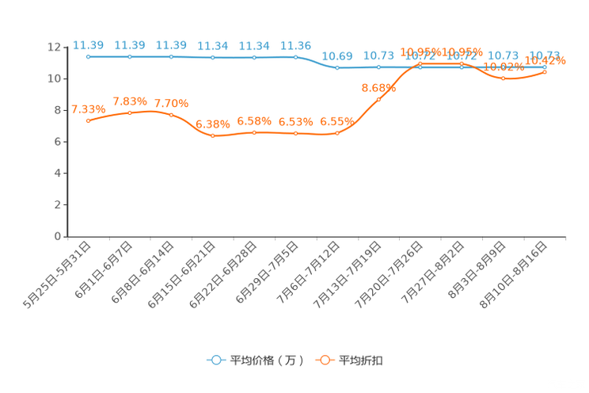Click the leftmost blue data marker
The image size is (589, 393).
(88, 57)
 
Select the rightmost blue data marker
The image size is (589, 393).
(545, 67)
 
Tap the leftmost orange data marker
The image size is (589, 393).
(88, 121)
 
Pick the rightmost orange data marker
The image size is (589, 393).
(545, 72)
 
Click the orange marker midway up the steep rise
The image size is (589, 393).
(379, 99)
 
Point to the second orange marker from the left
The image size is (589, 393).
(130, 113)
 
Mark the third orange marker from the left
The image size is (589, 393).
(171, 116)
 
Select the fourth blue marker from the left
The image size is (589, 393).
(213, 57)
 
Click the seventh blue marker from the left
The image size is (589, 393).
(337, 68)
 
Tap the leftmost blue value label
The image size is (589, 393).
(88, 45)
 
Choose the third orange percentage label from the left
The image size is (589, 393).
(171, 104)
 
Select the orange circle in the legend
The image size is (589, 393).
(325, 360)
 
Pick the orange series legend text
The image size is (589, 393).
(361, 361)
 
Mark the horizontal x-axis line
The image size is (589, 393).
(317, 236)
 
